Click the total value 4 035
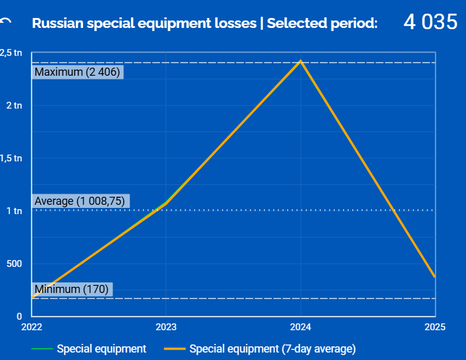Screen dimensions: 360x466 click(x=430, y=22)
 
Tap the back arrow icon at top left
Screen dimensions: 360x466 click(x=6, y=23)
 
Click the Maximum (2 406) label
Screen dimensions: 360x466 click(x=77, y=72)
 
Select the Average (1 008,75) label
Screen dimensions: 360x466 click(x=80, y=201)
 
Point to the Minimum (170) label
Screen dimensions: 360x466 click(x=71, y=289)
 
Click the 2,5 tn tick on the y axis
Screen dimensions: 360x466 click(x=11, y=53)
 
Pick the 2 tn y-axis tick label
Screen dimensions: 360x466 click(x=14, y=106)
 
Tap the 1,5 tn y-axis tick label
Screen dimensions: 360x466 click(x=11, y=158)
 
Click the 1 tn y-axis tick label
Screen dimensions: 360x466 click(x=14, y=211)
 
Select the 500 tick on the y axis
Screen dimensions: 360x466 click(x=14, y=263)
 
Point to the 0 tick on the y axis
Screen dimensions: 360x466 click(x=19, y=316)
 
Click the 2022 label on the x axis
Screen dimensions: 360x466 click(x=31, y=327)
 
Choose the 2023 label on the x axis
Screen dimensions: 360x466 click(x=166, y=327)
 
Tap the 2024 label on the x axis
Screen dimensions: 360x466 click(x=300, y=327)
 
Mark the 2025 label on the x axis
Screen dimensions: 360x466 click(x=435, y=327)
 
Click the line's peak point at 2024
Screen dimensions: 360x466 click(x=300, y=61)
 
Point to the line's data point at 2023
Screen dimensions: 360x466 click(x=166, y=203)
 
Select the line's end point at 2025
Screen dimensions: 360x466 click(x=434, y=276)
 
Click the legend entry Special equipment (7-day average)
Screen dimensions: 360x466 click(x=272, y=349)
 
